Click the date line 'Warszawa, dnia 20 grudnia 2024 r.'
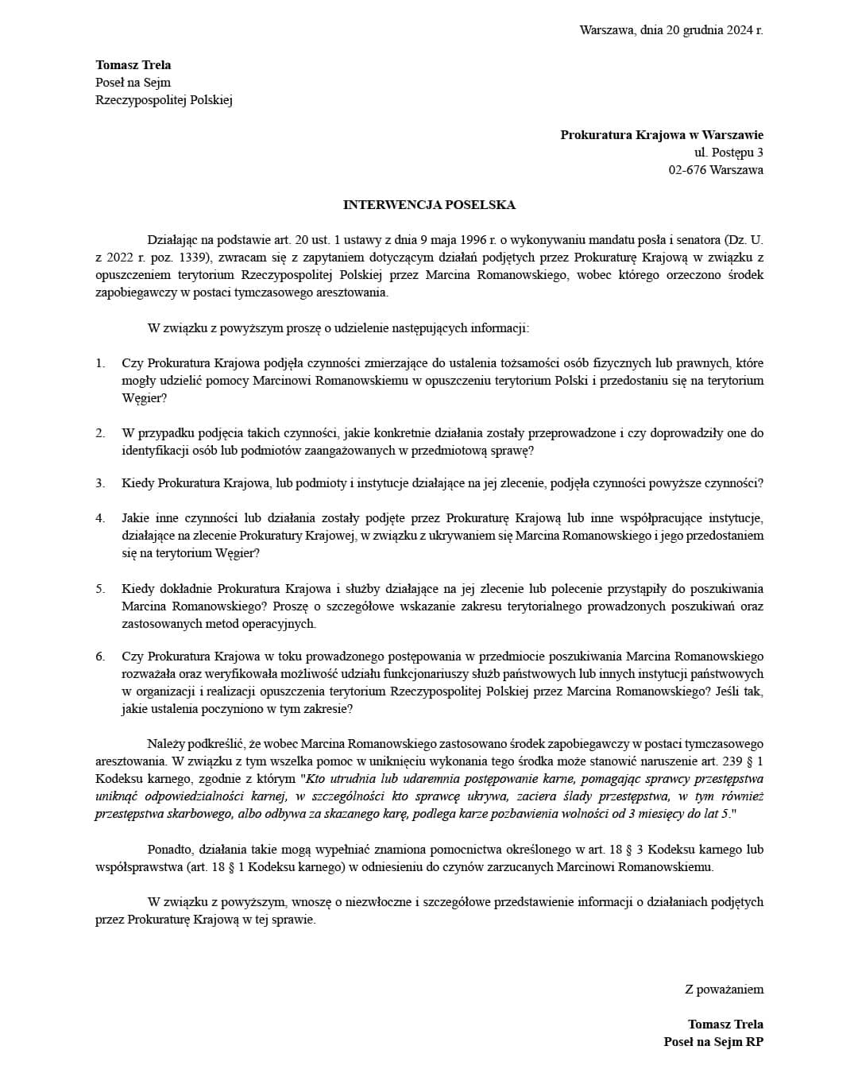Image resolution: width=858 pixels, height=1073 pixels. (x=671, y=30)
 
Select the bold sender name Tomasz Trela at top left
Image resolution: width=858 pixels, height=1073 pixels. (x=133, y=65)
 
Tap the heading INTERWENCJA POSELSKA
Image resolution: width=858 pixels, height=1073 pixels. (x=429, y=205)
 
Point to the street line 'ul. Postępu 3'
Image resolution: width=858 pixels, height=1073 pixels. (x=729, y=153)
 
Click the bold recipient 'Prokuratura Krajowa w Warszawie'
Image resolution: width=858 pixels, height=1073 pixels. (x=662, y=135)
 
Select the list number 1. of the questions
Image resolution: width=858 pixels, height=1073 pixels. (x=101, y=363)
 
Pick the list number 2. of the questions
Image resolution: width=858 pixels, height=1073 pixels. (x=101, y=433)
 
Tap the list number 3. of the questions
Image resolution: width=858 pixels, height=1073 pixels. (x=101, y=483)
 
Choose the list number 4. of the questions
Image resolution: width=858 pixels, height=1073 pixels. (x=101, y=518)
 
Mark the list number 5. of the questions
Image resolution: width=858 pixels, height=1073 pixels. (x=101, y=589)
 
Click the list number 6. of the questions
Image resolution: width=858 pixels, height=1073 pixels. (x=101, y=657)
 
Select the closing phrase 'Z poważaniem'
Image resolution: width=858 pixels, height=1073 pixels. (x=724, y=990)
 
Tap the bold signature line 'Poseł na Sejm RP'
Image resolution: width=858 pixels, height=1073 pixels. (x=713, y=1042)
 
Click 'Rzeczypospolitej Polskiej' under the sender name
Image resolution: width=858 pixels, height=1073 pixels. (x=164, y=100)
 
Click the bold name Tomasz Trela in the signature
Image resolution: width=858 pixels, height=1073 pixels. (x=725, y=1025)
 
